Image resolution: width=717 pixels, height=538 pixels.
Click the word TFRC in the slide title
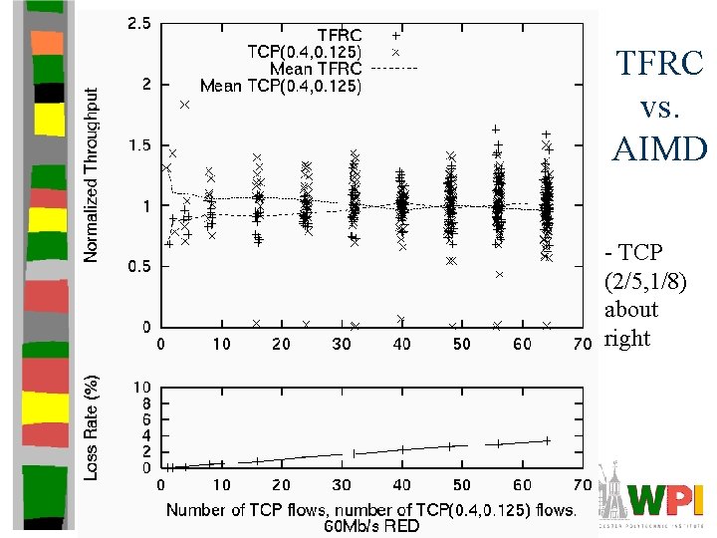click(658, 65)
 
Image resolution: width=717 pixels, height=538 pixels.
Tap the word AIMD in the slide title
click(659, 149)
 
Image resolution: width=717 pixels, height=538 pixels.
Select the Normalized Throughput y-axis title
click(92, 174)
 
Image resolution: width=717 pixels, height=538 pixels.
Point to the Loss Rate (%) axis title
click(92, 427)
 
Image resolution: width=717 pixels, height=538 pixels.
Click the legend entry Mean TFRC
click(316, 68)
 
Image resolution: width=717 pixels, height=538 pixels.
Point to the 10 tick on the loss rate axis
click(142, 387)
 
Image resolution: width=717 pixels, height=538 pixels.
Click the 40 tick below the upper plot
click(401, 344)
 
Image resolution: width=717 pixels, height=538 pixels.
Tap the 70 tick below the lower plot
click(582, 485)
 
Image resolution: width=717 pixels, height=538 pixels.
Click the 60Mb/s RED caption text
click(370, 525)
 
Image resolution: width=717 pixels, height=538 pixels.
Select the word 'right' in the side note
click(627, 338)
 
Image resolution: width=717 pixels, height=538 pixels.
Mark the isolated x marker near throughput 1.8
click(184, 105)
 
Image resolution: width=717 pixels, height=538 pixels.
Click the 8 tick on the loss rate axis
click(146, 403)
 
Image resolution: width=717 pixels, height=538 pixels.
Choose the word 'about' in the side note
click(631, 309)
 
